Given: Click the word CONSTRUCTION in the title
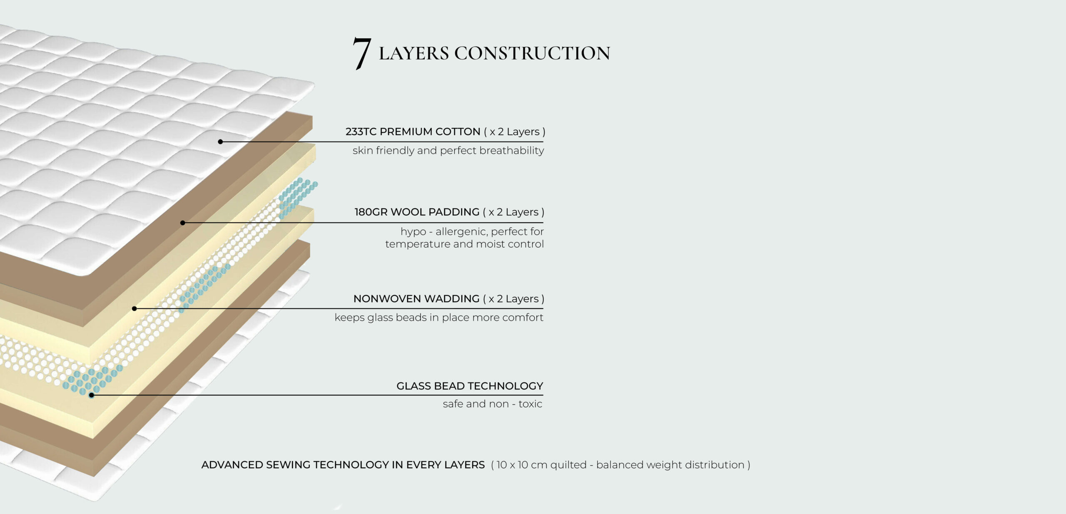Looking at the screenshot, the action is click(x=532, y=53).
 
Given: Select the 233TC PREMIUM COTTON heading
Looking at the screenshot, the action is click(x=413, y=132).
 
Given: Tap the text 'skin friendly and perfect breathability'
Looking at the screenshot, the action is click(x=448, y=150).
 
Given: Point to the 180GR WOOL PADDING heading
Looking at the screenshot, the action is click(x=417, y=212).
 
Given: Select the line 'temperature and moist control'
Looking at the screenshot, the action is click(x=464, y=244).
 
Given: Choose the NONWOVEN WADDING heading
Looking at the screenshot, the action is click(x=416, y=298).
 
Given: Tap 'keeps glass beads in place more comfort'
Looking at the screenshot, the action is click(x=439, y=318).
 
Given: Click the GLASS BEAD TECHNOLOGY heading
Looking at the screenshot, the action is click(x=470, y=386).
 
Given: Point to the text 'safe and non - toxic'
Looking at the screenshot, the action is click(x=493, y=404).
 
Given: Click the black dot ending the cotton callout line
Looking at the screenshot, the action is click(x=220, y=142).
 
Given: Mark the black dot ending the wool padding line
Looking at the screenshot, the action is click(x=182, y=223).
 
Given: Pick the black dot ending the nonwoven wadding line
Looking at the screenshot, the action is click(x=134, y=308).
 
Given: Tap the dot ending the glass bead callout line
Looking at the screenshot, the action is click(x=92, y=395).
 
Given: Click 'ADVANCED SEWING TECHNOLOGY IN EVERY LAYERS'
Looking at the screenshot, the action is click(x=343, y=465).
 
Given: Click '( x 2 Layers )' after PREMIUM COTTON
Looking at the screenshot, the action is click(x=515, y=132).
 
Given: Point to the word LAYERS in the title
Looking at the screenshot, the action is click(x=414, y=53).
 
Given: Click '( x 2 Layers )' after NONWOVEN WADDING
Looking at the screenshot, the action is click(x=514, y=298).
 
